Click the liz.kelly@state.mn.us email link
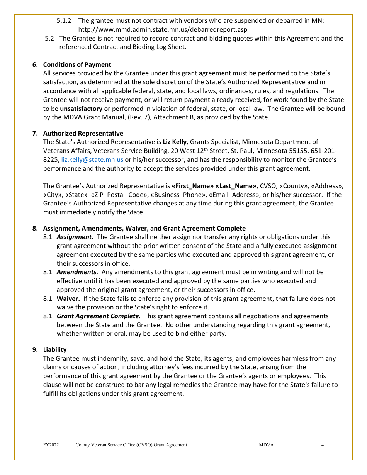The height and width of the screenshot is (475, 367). coord(92,159)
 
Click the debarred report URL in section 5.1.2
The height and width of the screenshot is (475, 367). coord(163,29)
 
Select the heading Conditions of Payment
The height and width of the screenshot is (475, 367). coord(77,64)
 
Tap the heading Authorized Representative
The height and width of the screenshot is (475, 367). coord(83,133)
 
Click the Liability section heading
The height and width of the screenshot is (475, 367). coord(55,349)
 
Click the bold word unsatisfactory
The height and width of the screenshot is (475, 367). coord(81,109)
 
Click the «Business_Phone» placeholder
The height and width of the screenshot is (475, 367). coord(178,195)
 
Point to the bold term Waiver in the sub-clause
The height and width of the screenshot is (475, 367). coord(68,299)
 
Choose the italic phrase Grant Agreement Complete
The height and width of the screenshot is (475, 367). coord(99,316)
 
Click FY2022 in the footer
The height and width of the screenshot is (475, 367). coord(51,445)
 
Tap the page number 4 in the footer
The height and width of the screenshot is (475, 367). coord(323,445)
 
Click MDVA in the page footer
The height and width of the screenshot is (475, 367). coord(266,445)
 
